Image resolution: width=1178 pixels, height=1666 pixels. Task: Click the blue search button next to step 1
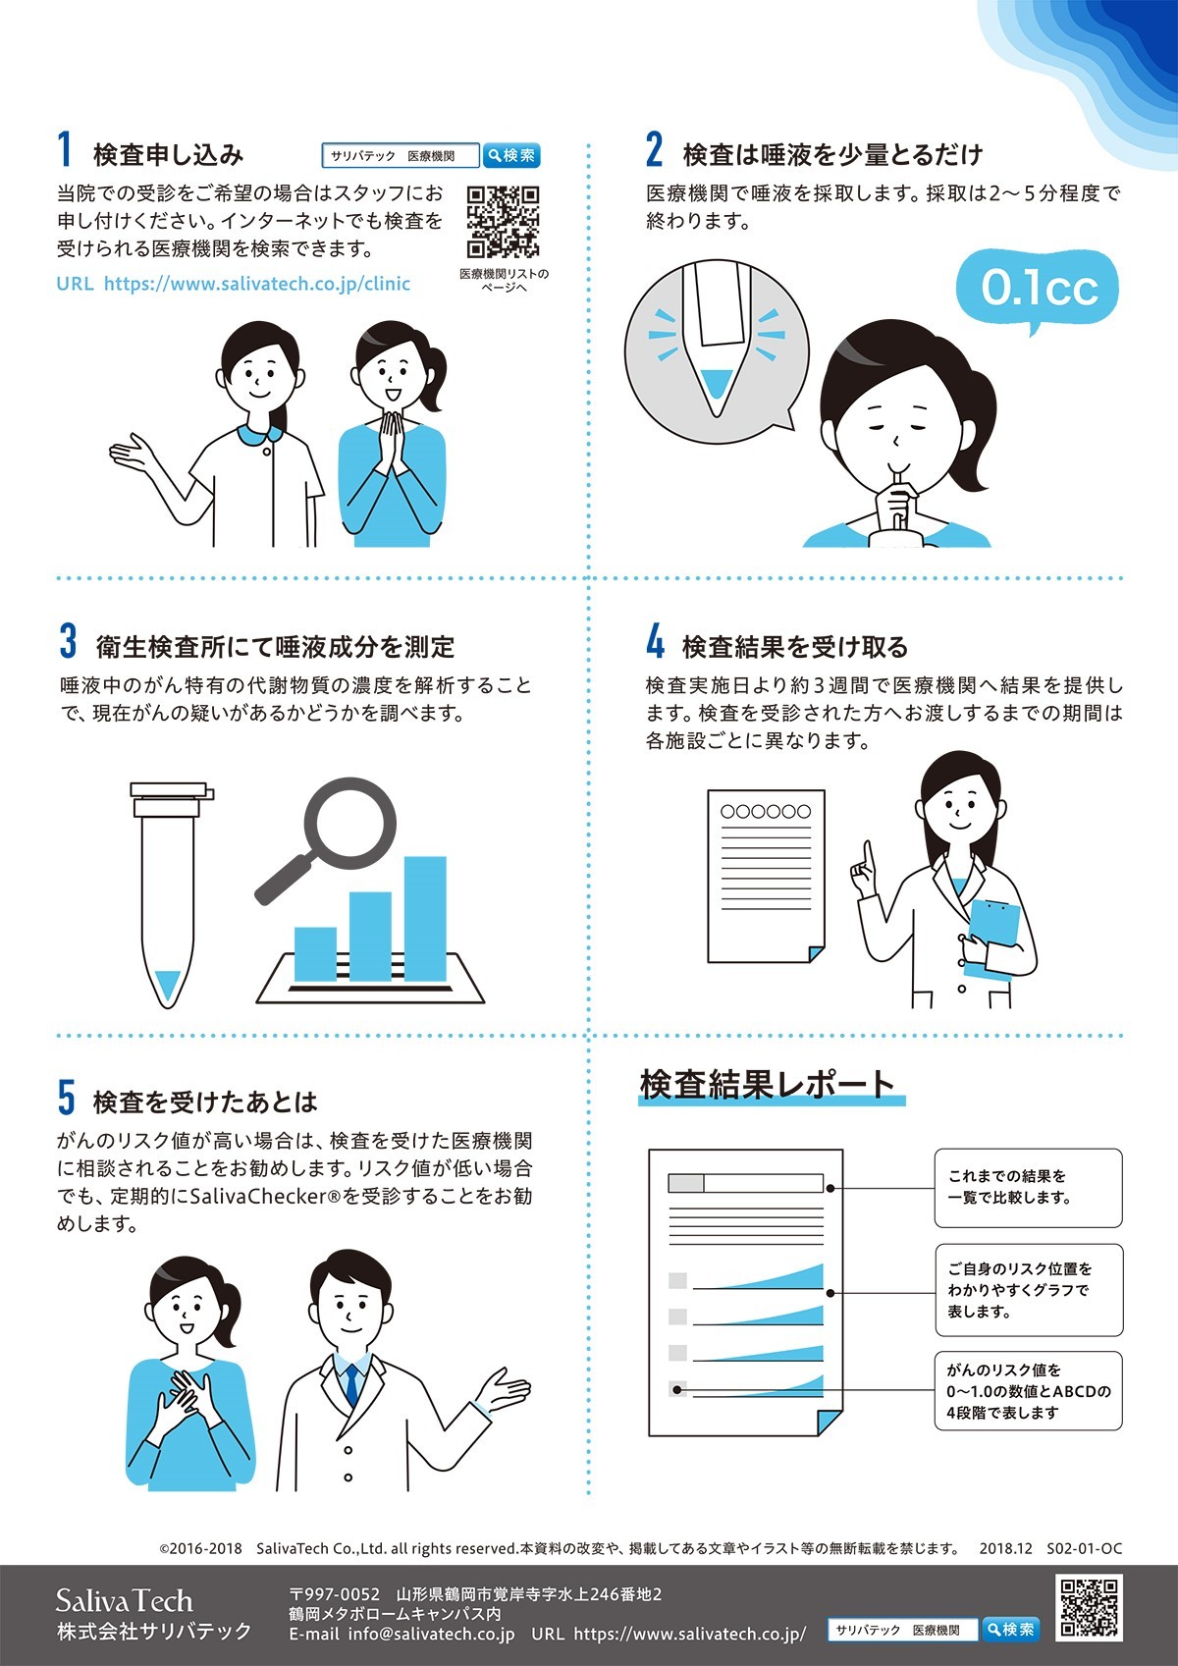point(510,155)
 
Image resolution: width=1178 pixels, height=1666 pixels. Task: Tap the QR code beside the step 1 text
point(503,222)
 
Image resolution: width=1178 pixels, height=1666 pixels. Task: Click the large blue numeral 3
point(68,640)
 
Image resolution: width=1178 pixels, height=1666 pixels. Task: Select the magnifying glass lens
point(349,824)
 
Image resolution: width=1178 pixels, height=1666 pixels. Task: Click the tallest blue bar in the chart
point(425,919)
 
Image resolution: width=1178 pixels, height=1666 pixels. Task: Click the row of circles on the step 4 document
point(766,812)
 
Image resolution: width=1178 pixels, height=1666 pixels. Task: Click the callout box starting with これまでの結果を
point(1028,1188)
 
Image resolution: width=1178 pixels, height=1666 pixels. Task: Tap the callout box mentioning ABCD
point(1028,1391)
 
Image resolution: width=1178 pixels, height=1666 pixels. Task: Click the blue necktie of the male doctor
point(351,1385)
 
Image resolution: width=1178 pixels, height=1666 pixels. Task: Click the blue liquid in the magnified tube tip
point(716,384)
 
